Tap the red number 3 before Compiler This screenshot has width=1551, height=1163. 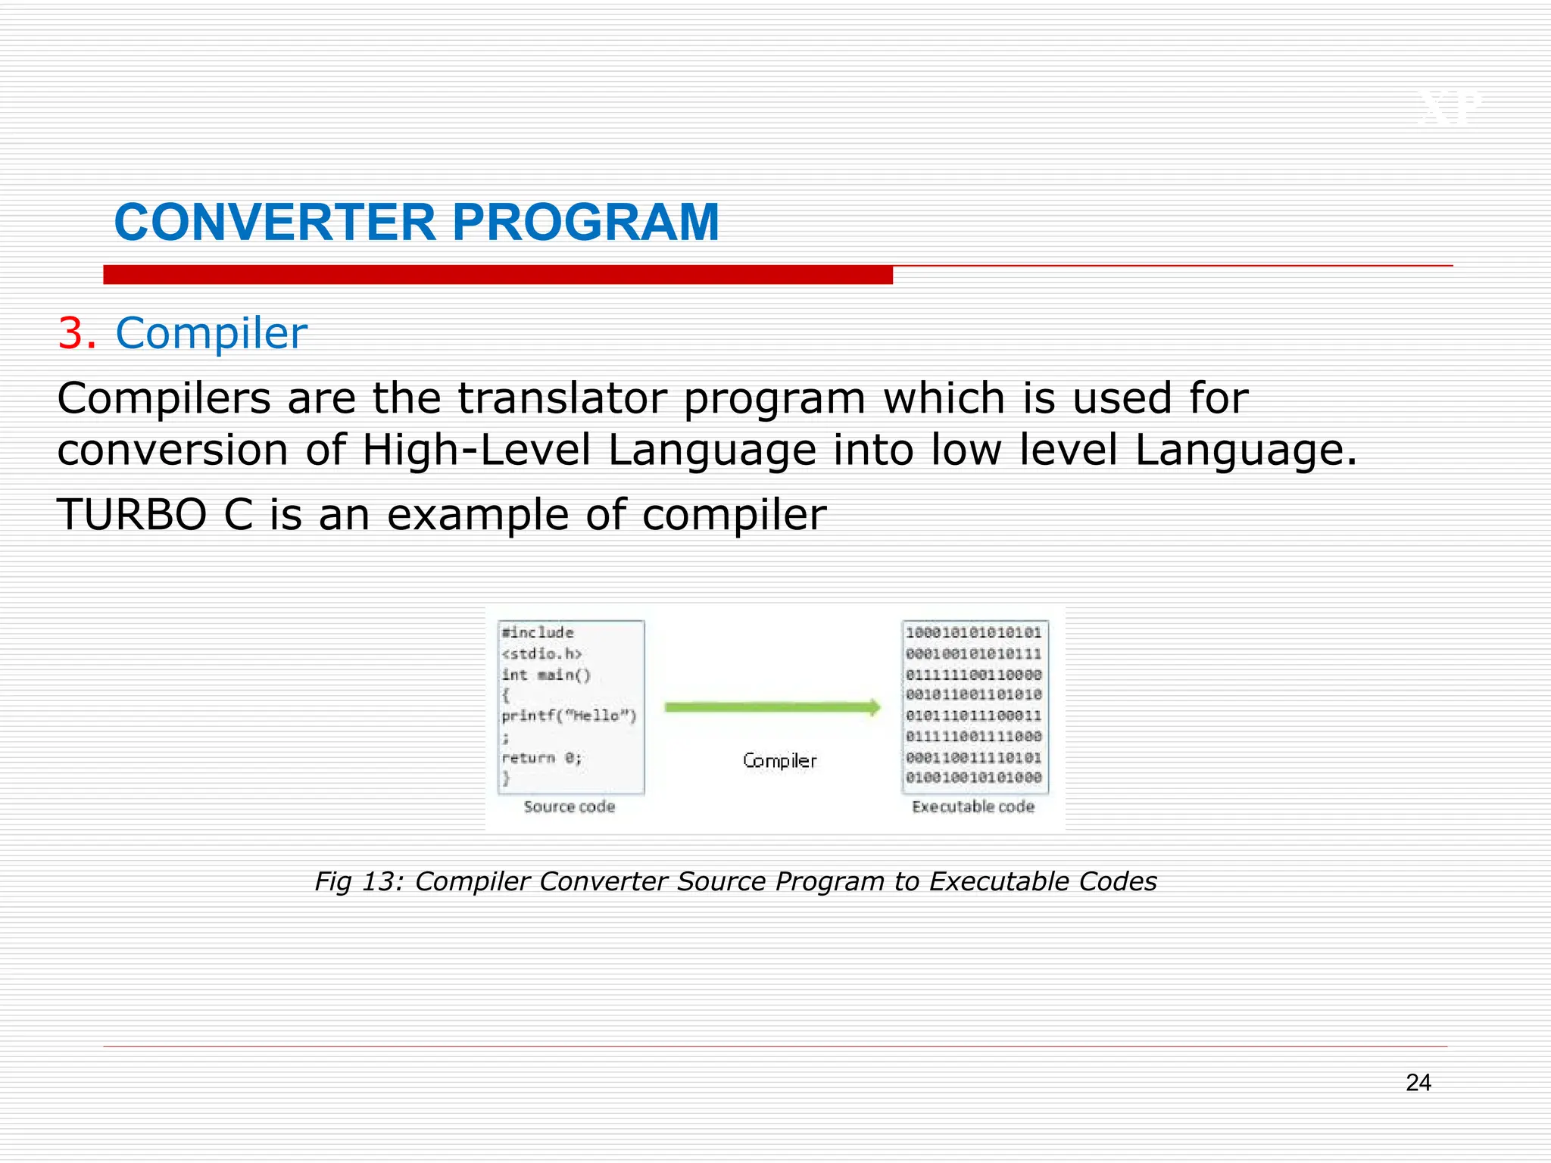click(x=75, y=333)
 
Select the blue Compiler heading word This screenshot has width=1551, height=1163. click(x=211, y=333)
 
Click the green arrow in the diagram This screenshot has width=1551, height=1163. click(x=772, y=707)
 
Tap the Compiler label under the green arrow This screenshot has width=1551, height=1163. click(x=779, y=760)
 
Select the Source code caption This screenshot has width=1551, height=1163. click(x=570, y=806)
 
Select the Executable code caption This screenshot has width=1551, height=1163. click(x=973, y=806)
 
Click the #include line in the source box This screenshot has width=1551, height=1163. click(x=538, y=632)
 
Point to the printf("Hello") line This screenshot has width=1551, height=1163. click(x=569, y=716)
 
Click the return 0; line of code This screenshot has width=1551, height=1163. click(x=541, y=758)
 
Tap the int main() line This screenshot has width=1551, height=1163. click(x=545, y=675)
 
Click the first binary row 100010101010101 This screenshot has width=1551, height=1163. click(x=974, y=632)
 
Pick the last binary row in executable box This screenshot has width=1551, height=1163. click(x=974, y=778)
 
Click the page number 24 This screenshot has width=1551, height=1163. click(x=1418, y=1083)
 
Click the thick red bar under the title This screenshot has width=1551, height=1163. click(x=498, y=275)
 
